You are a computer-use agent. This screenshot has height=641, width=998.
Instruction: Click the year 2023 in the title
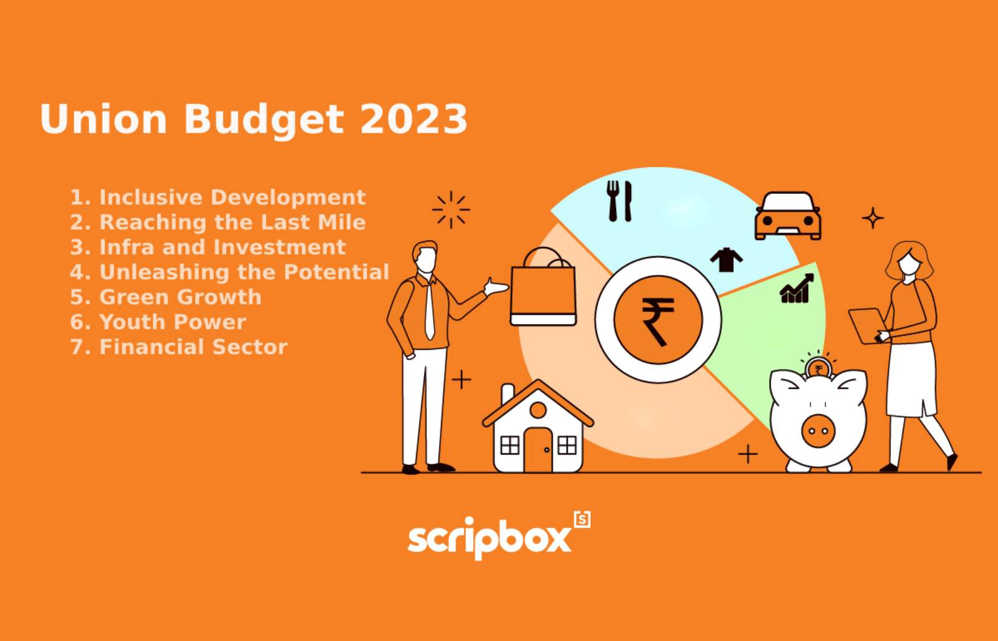coord(414,118)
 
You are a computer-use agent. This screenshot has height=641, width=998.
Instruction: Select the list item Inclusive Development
coord(218,197)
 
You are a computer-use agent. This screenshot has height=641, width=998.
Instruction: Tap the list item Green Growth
coord(166,297)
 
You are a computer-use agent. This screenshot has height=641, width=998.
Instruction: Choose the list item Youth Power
coord(158,322)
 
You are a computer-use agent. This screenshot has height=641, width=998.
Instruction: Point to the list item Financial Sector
coord(178,347)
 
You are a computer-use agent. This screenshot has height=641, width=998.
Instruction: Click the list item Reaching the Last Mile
coord(218,222)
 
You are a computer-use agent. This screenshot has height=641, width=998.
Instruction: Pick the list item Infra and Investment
coord(208,247)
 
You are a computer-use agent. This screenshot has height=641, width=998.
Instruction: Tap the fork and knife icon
coord(619,201)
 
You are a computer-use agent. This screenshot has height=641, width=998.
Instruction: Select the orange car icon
coord(788,216)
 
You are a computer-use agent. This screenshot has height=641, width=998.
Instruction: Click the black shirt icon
coord(726,260)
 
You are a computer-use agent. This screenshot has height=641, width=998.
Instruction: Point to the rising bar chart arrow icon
coord(797,289)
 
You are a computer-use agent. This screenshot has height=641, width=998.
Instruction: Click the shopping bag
coord(543,289)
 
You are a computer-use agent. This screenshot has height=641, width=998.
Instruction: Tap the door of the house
coord(538,450)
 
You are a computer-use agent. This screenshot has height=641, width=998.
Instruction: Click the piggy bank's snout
coord(818,431)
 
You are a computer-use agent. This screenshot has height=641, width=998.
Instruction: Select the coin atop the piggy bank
coord(818,369)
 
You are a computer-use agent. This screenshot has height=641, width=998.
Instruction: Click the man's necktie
coord(430,311)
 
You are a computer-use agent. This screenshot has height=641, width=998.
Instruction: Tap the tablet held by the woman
coord(867,325)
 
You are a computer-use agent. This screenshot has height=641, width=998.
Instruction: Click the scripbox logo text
coord(489,538)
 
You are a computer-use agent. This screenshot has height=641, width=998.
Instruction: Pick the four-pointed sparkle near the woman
coord(873,218)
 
